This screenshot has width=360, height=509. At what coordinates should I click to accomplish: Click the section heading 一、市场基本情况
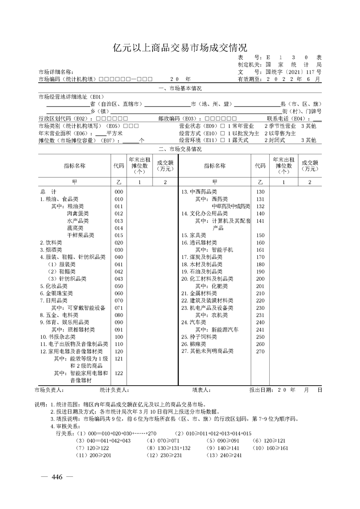point(180,88)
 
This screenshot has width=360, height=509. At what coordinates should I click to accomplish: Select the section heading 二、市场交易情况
point(180,149)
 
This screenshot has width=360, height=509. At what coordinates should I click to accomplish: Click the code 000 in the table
point(119,192)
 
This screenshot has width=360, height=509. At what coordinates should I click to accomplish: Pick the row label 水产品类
point(78,221)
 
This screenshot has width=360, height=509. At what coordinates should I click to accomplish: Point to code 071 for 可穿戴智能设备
point(119,308)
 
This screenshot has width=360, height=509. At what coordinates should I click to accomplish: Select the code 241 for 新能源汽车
point(260,329)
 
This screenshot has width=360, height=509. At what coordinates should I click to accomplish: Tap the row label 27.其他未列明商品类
point(207,351)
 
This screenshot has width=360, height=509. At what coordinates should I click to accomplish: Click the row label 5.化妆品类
point(54,286)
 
